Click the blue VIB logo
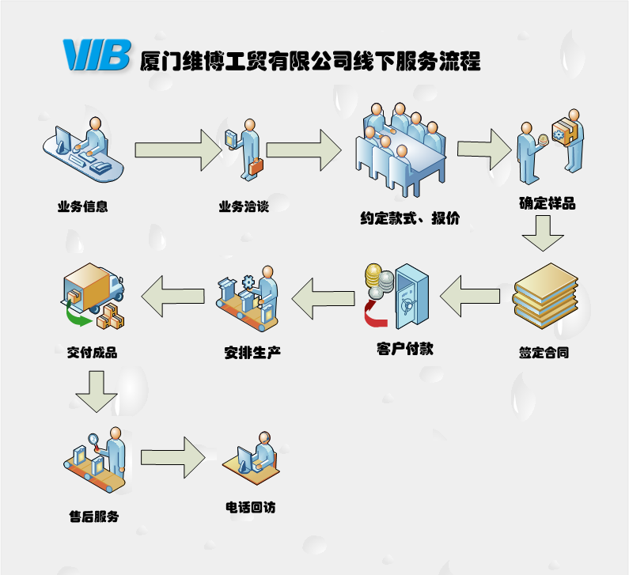click(96, 55)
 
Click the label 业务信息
click(82, 207)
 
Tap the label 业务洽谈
click(244, 207)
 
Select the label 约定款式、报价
click(409, 218)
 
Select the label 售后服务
click(94, 517)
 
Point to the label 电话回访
click(251, 507)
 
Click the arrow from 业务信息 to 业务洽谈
click(179, 149)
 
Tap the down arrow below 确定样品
click(543, 233)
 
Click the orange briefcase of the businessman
click(257, 167)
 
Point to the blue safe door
click(412, 297)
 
